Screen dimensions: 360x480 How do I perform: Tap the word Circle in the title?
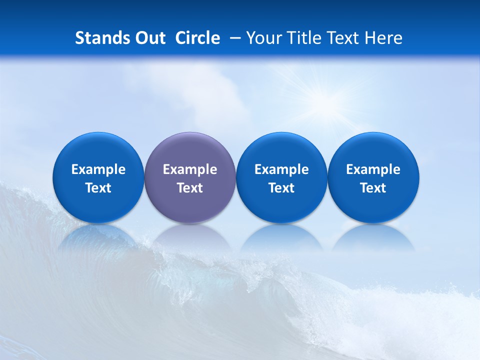point(197,38)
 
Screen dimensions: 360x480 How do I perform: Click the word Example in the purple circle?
point(190,170)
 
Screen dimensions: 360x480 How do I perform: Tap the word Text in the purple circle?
point(190,188)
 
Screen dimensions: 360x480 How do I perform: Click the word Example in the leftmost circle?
point(98,170)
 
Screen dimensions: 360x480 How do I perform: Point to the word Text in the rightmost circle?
point(373,188)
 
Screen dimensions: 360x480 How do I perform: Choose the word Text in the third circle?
point(281,188)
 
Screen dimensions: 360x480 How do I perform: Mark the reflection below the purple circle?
point(190,237)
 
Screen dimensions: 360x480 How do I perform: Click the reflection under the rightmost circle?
point(373,237)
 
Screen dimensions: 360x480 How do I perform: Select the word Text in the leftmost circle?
point(98,188)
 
